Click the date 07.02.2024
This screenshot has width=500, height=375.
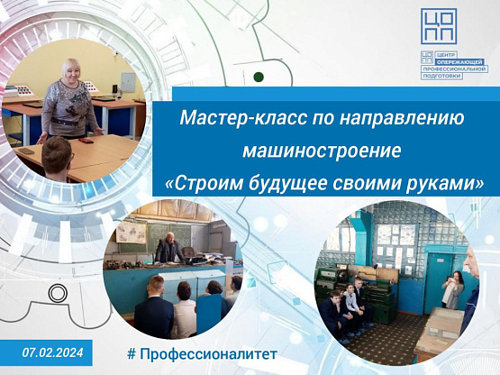pyautogui.click(x=52, y=352)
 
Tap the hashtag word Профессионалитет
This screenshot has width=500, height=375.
pyautogui.click(x=208, y=354)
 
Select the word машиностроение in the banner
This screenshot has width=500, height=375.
pyautogui.click(x=322, y=151)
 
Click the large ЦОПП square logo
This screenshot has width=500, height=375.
pyautogui.click(x=439, y=26)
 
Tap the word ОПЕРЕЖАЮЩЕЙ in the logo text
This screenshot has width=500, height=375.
pyautogui.click(x=459, y=62)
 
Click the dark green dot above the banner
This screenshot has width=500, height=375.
pyautogui.click(x=259, y=77)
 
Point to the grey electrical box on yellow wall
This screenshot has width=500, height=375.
pyautogui.click(x=128, y=83)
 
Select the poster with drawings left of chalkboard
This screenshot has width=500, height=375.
pyautogui.click(x=132, y=232)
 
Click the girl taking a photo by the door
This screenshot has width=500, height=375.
pyautogui.click(x=452, y=289)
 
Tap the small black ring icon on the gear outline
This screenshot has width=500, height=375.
pyautogui.click(x=58, y=293)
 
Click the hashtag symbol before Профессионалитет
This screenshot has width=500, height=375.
pyautogui.click(x=131, y=354)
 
